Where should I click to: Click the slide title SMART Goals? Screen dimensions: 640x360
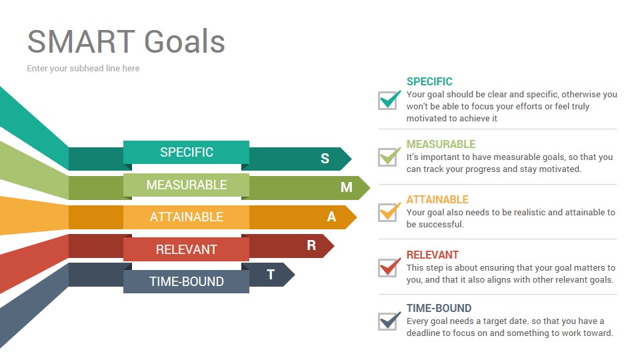pyautogui.click(x=126, y=41)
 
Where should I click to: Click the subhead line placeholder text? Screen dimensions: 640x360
pyautogui.click(x=83, y=69)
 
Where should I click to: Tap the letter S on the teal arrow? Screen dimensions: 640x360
pyautogui.click(x=325, y=159)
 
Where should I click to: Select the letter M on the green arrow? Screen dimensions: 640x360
pyautogui.click(x=347, y=187)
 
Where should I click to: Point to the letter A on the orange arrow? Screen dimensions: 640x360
pyautogui.click(x=331, y=217)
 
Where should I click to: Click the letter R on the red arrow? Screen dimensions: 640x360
pyautogui.click(x=311, y=245)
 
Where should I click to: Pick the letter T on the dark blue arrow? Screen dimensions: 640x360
pyautogui.click(x=271, y=275)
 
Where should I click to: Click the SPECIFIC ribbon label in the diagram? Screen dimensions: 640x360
pyautogui.click(x=187, y=152)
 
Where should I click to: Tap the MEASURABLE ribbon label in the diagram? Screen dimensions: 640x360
pyautogui.click(x=187, y=185)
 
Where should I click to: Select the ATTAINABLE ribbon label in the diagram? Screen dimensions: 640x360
pyautogui.click(x=187, y=217)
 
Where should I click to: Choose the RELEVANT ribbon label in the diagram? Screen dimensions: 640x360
pyautogui.click(x=187, y=249)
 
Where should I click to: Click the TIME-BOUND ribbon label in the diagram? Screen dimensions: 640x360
pyautogui.click(x=187, y=281)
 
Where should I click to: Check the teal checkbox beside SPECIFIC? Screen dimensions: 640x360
pyautogui.click(x=389, y=100)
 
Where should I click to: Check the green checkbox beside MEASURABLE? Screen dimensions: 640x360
pyautogui.click(x=389, y=156)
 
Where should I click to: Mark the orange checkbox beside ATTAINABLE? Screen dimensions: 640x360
pyautogui.click(x=389, y=212)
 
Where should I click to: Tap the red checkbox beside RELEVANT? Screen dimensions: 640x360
pyautogui.click(x=389, y=267)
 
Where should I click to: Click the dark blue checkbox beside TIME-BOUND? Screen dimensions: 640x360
pyautogui.click(x=389, y=321)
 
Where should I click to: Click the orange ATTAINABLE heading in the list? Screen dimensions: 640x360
pyautogui.click(x=437, y=199)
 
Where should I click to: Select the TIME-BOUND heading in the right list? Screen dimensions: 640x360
pyautogui.click(x=439, y=308)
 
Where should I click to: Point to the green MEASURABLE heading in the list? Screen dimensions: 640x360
pyautogui.click(x=441, y=144)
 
